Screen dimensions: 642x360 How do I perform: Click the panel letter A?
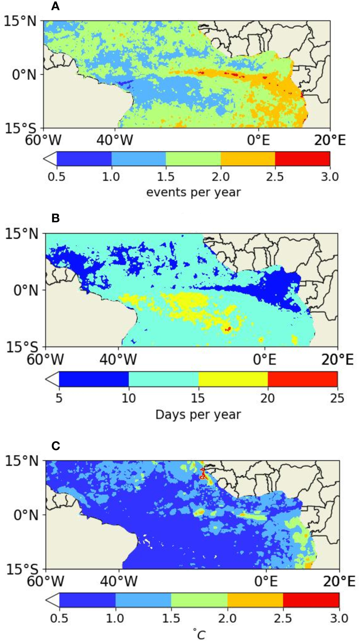pos(54,7)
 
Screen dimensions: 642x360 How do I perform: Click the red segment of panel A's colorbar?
pos(302,159)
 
